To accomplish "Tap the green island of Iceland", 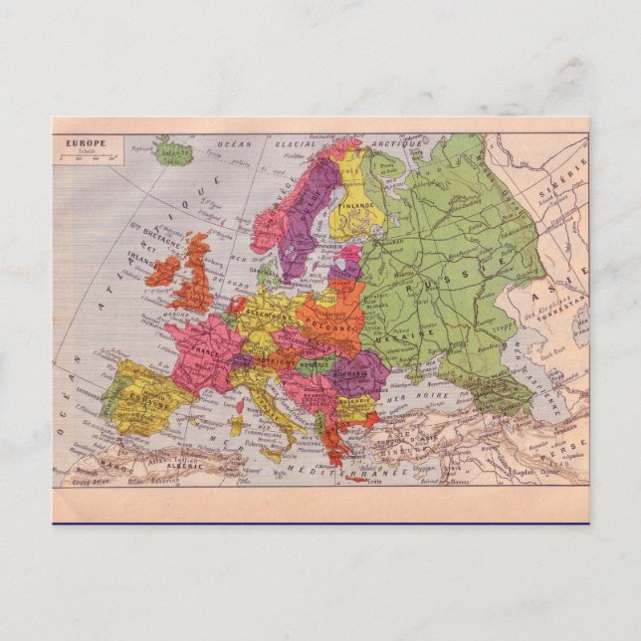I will [175, 152].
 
